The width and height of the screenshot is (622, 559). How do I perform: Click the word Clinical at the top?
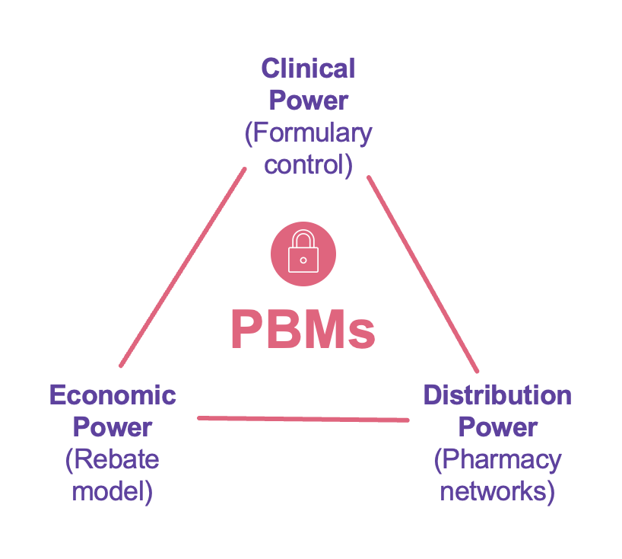point(308,69)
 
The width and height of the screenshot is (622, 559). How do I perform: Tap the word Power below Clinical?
point(308,101)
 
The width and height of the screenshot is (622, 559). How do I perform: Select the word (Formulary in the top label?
point(308,133)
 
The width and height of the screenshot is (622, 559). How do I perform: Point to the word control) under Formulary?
point(308,165)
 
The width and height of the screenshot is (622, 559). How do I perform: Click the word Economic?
point(113,395)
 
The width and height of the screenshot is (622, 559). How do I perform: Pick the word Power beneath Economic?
point(113,427)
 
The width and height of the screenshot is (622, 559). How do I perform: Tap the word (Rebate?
point(113,459)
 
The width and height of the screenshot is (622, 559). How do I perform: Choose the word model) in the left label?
point(113,491)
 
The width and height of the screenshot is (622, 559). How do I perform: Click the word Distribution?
point(497,395)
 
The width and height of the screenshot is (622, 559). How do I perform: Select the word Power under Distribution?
point(497,427)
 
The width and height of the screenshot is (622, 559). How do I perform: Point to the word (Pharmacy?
point(497,459)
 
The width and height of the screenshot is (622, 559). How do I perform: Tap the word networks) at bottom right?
point(497,491)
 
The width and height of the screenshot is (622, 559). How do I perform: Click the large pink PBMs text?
point(303,330)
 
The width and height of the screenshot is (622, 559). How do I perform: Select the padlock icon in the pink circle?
point(303,256)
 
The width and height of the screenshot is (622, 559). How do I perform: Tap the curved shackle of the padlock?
point(303,238)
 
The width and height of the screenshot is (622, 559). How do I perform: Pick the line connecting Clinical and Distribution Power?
point(423,274)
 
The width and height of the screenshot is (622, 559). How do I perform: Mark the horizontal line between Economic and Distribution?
point(303,418)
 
